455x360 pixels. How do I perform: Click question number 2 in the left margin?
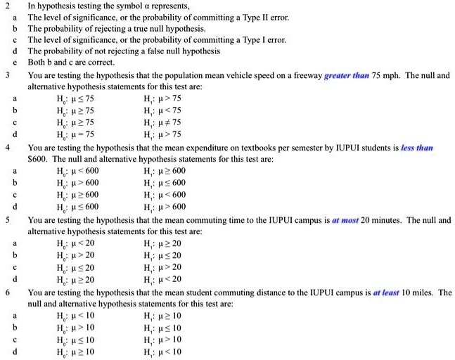7,6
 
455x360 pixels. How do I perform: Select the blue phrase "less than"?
416,148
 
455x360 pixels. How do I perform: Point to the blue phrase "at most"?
345,220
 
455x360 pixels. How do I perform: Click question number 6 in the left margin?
7,292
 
